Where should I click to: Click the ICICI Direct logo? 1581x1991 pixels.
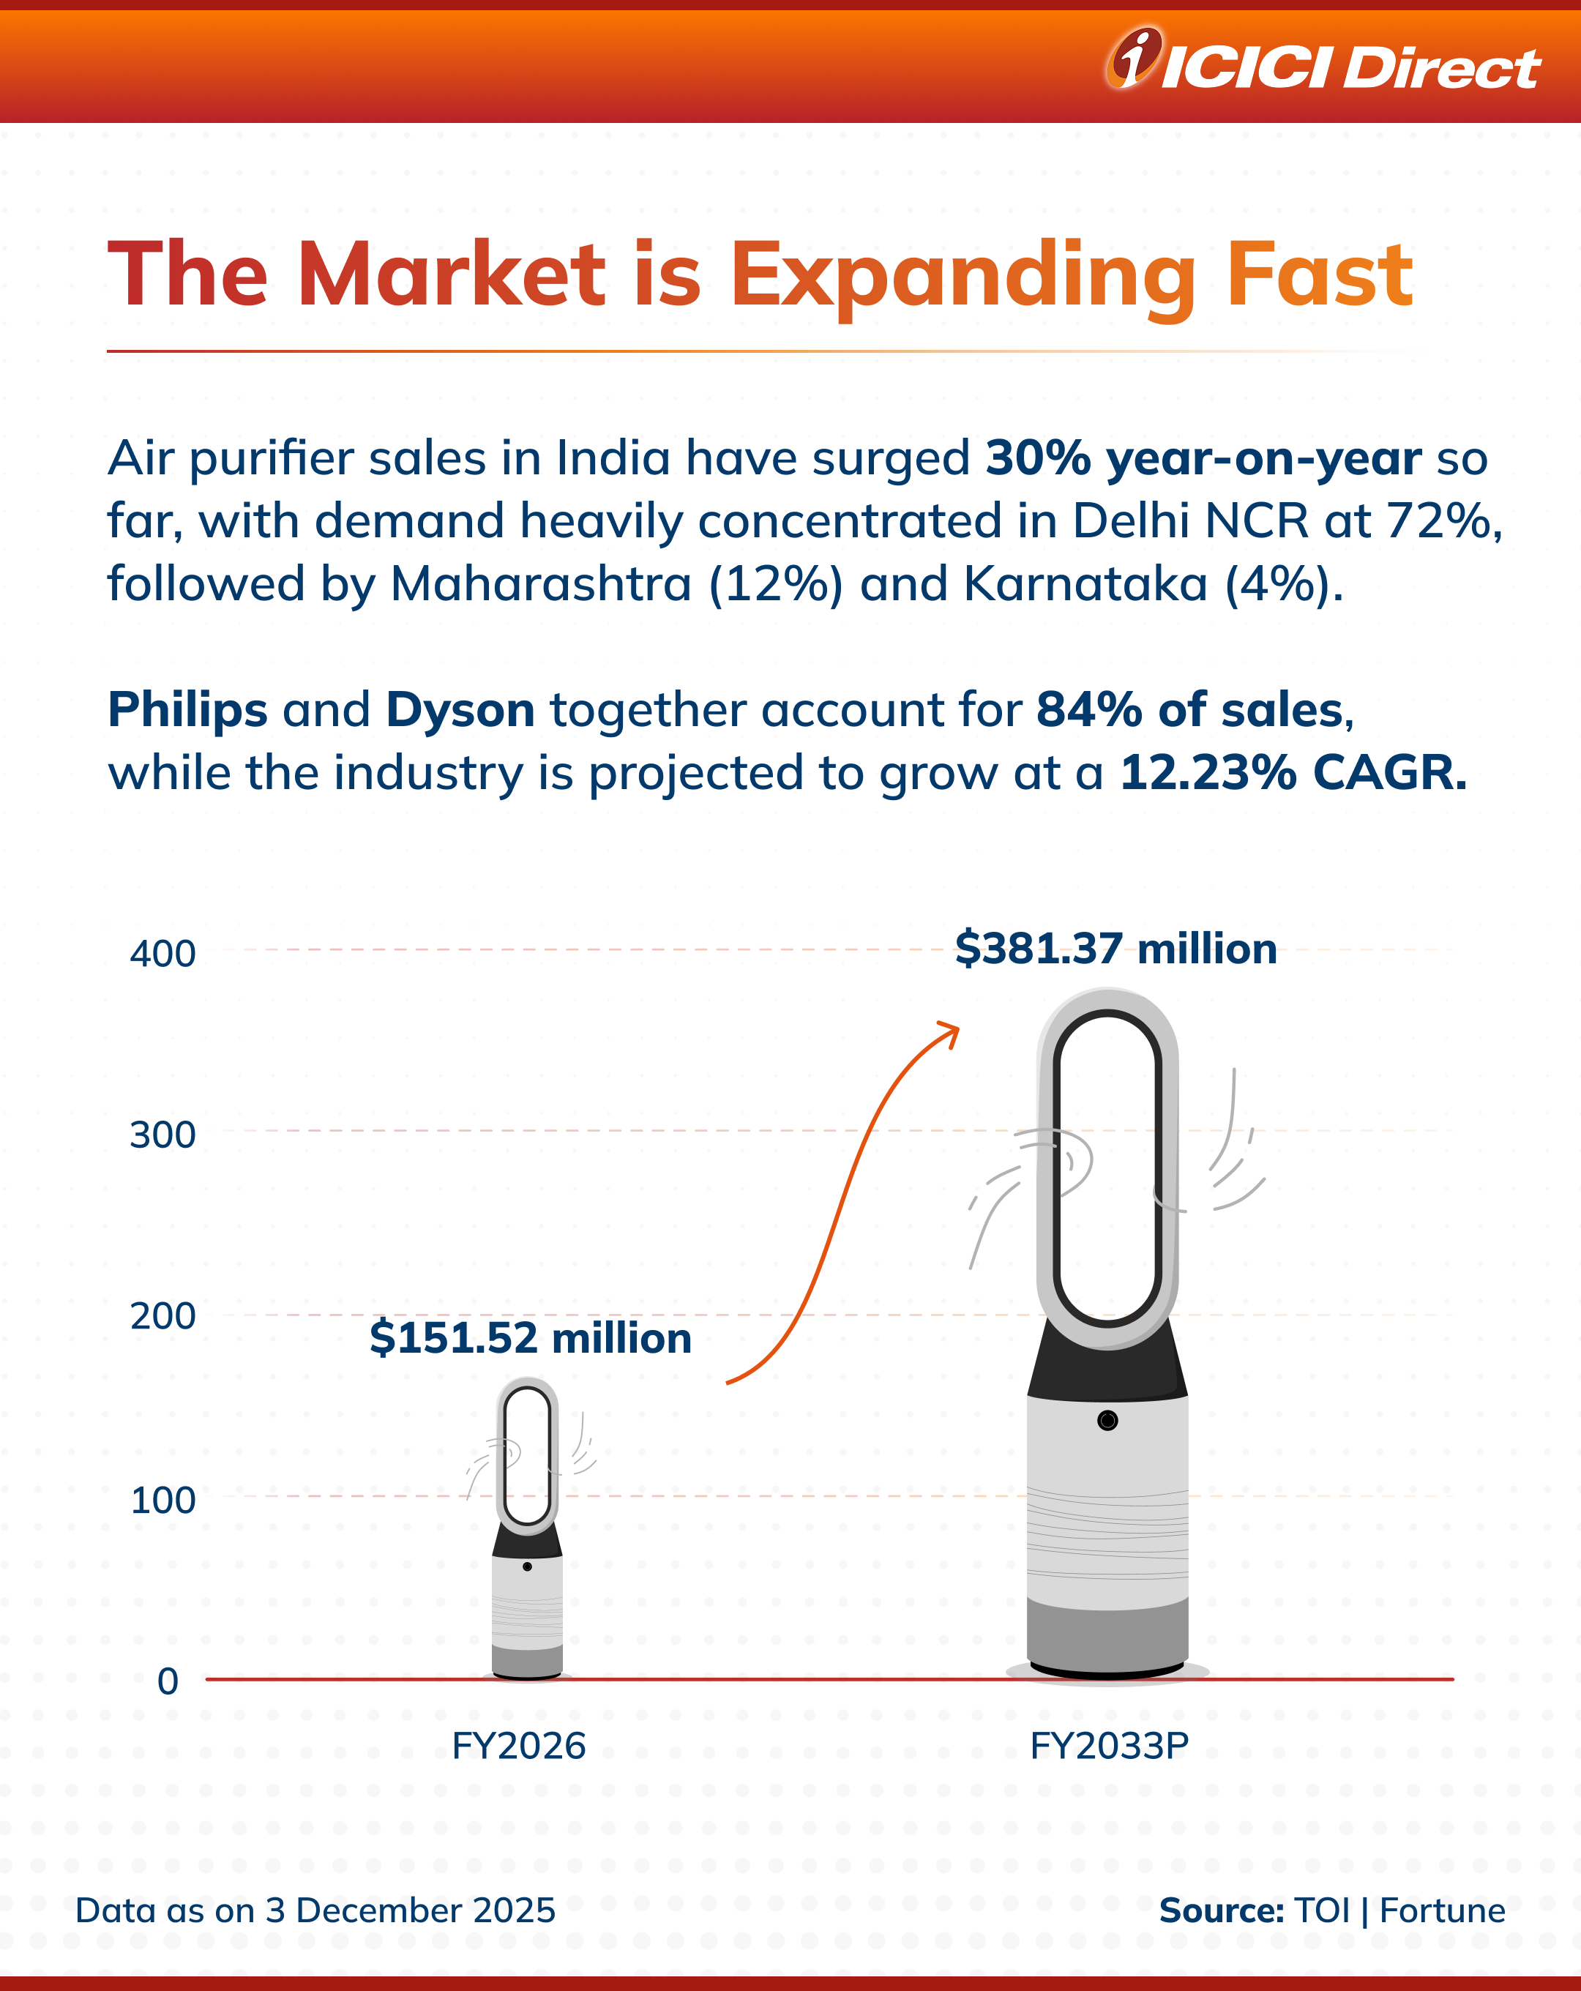pos(1323,63)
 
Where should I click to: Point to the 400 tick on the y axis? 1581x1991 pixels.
pos(162,953)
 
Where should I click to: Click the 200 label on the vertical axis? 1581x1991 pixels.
pos(162,1315)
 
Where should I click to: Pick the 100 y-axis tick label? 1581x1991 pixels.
pos(162,1500)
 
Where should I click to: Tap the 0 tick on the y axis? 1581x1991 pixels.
pos(168,1681)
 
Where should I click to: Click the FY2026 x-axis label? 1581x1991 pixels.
pos(518,1745)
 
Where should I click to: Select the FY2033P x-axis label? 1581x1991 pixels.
pos(1108,1745)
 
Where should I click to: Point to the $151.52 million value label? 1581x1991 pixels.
pos(530,1337)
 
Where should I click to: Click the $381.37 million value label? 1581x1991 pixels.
pos(1115,949)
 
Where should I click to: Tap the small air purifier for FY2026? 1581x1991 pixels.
pos(527,1533)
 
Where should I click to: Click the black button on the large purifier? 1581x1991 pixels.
pos(1107,1420)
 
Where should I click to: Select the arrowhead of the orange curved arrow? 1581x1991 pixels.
pos(952,1031)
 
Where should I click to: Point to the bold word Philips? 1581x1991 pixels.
pos(187,709)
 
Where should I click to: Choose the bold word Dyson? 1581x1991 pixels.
pos(460,709)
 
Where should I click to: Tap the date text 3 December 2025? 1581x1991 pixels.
pos(410,1910)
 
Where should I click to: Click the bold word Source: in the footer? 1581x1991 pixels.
pos(1221,1910)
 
